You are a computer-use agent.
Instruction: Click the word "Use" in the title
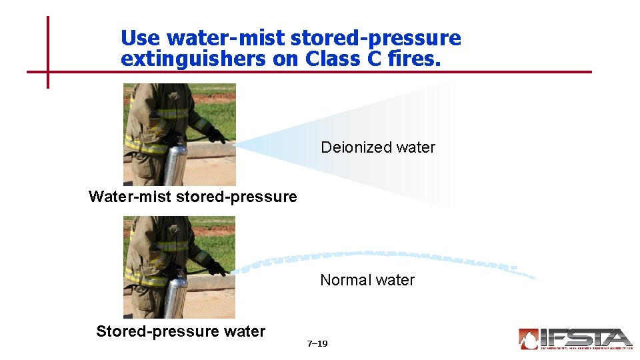pos(141,38)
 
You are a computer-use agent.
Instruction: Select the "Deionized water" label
pos(378,147)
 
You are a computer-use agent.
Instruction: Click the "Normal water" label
pos(367,280)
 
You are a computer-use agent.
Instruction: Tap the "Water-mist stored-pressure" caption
pos(193,197)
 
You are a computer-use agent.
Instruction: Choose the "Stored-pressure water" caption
pos(181,331)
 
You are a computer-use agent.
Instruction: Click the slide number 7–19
pos(317,344)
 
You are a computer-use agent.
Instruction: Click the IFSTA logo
pos(575,339)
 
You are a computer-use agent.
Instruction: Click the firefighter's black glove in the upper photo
pos(215,135)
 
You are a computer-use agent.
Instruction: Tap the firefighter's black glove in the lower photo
pos(215,267)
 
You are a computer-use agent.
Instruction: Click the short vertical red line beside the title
pos(48,52)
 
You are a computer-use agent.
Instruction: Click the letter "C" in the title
pos(373,59)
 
